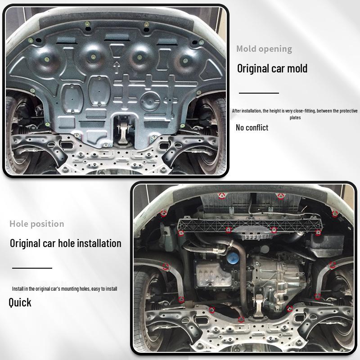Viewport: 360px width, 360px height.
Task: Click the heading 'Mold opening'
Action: [264, 49]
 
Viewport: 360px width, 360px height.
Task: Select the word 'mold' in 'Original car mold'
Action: [297, 69]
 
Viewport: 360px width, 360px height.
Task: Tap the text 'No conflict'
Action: [252, 128]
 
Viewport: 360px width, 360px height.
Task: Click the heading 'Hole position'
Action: [37, 224]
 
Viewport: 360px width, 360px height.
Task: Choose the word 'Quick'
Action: [20, 302]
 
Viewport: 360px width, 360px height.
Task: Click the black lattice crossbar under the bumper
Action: [250, 224]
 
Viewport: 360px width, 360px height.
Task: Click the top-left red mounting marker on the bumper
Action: [221, 195]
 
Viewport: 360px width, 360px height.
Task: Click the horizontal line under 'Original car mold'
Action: [259, 93]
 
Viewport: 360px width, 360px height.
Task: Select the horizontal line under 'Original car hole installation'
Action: [32, 268]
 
